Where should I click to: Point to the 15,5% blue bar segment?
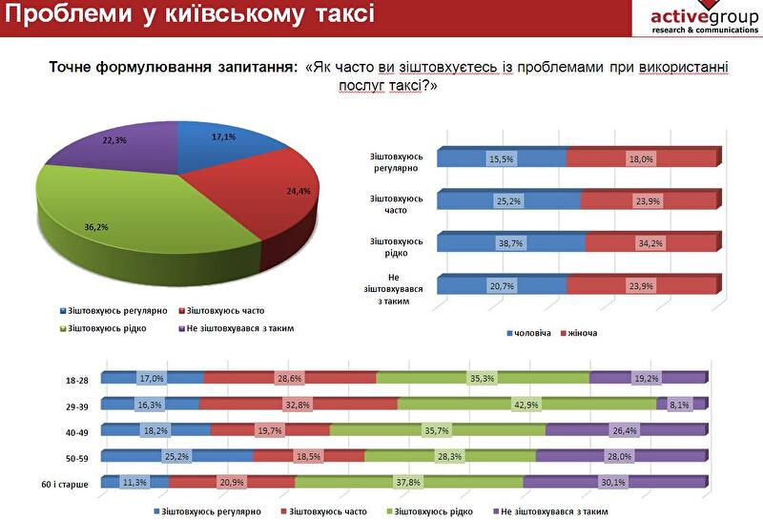click(x=502, y=159)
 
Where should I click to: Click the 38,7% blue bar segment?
click(x=510, y=243)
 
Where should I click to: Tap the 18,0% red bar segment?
click(x=641, y=159)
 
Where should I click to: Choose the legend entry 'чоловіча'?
click(x=529, y=333)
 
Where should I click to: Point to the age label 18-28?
click(x=77, y=380)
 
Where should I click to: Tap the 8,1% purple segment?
click(x=681, y=405)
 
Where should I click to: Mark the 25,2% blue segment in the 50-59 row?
click(x=177, y=457)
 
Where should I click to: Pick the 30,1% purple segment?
click(x=614, y=483)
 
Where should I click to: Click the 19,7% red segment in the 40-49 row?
click(x=270, y=430)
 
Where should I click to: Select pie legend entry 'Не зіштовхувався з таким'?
click(x=238, y=328)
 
